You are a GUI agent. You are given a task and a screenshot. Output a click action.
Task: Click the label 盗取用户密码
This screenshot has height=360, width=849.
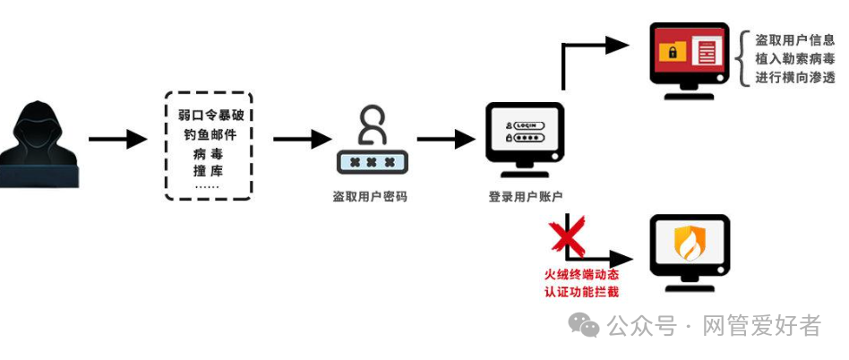pos(370,195)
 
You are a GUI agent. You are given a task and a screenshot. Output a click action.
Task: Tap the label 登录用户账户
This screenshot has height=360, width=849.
pos(525,196)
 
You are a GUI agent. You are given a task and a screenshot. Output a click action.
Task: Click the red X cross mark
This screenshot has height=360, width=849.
pos(567,236)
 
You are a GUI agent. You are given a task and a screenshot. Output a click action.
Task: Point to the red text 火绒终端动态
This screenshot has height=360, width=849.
pos(581,274)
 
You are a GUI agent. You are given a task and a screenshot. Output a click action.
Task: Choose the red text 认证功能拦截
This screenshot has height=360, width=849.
pos(581,291)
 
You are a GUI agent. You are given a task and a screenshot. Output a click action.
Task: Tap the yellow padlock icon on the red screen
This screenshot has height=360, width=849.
pos(673,52)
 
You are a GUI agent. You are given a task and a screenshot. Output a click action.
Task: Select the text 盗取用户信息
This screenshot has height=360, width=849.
pos(795,40)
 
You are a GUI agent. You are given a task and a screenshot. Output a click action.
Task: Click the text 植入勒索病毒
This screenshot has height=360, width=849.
pos(795,58)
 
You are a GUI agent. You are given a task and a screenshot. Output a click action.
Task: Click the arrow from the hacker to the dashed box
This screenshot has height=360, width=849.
pos(117,139)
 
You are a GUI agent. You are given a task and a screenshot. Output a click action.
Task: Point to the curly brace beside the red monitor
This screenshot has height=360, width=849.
pos(742,58)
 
